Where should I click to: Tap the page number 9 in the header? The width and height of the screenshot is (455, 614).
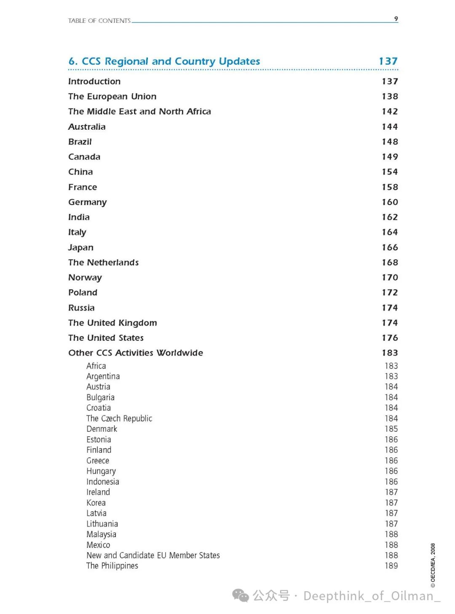tap(396, 19)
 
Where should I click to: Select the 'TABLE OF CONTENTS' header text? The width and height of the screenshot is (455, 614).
tap(99, 21)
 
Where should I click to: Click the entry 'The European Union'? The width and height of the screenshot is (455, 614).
tap(112, 96)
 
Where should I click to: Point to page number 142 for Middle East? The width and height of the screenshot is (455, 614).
tap(390, 112)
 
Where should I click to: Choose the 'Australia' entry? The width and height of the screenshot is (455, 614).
tap(87, 127)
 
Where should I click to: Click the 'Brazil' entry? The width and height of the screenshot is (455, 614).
tap(80, 142)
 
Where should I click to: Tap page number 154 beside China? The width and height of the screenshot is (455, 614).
tap(390, 172)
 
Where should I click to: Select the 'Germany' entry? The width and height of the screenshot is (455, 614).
tap(87, 202)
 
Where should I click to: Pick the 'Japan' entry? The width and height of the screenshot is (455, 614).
tap(80, 248)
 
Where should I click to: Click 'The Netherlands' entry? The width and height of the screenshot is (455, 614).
tap(103, 262)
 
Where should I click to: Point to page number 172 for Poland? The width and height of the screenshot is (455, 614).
tap(390, 293)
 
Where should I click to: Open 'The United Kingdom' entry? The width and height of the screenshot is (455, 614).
tap(112, 323)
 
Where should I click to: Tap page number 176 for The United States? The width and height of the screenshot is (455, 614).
tap(390, 338)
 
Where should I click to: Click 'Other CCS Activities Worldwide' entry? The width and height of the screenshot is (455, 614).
tap(135, 353)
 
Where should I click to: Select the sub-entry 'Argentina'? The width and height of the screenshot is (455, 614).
tap(103, 376)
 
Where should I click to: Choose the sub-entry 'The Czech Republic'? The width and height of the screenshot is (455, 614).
tap(119, 419)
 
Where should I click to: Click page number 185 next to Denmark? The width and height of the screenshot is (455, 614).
tap(391, 429)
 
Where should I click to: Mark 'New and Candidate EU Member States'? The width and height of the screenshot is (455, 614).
tap(153, 555)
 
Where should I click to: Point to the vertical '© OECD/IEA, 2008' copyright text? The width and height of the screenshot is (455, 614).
tap(433, 565)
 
